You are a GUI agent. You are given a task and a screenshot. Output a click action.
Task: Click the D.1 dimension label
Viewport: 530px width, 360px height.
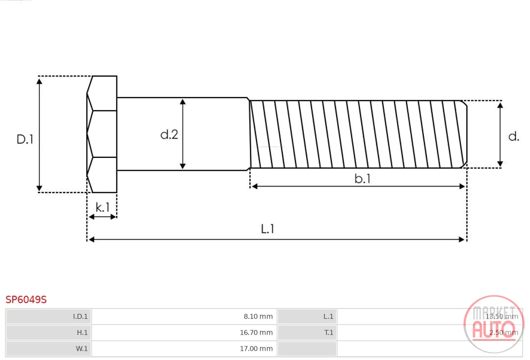click(25, 139)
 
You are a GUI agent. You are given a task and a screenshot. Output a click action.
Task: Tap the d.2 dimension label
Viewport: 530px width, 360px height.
click(169, 134)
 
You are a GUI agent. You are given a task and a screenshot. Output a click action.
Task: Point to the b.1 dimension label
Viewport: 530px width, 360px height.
click(362, 179)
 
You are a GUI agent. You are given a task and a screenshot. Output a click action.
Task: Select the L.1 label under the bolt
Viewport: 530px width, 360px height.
click(267, 229)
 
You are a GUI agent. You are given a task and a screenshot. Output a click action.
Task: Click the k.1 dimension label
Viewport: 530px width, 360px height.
click(103, 207)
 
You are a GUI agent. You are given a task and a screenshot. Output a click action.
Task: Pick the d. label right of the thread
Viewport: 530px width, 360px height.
click(514, 136)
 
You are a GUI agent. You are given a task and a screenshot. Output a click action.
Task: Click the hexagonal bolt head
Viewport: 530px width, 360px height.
click(102, 134)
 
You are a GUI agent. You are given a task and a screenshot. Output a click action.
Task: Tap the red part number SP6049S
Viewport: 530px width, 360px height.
click(26, 300)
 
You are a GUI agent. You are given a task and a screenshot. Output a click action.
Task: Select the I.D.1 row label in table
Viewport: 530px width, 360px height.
click(80, 316)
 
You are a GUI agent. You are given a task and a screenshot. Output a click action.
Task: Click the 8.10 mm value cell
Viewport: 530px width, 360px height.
click(258, 316)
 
